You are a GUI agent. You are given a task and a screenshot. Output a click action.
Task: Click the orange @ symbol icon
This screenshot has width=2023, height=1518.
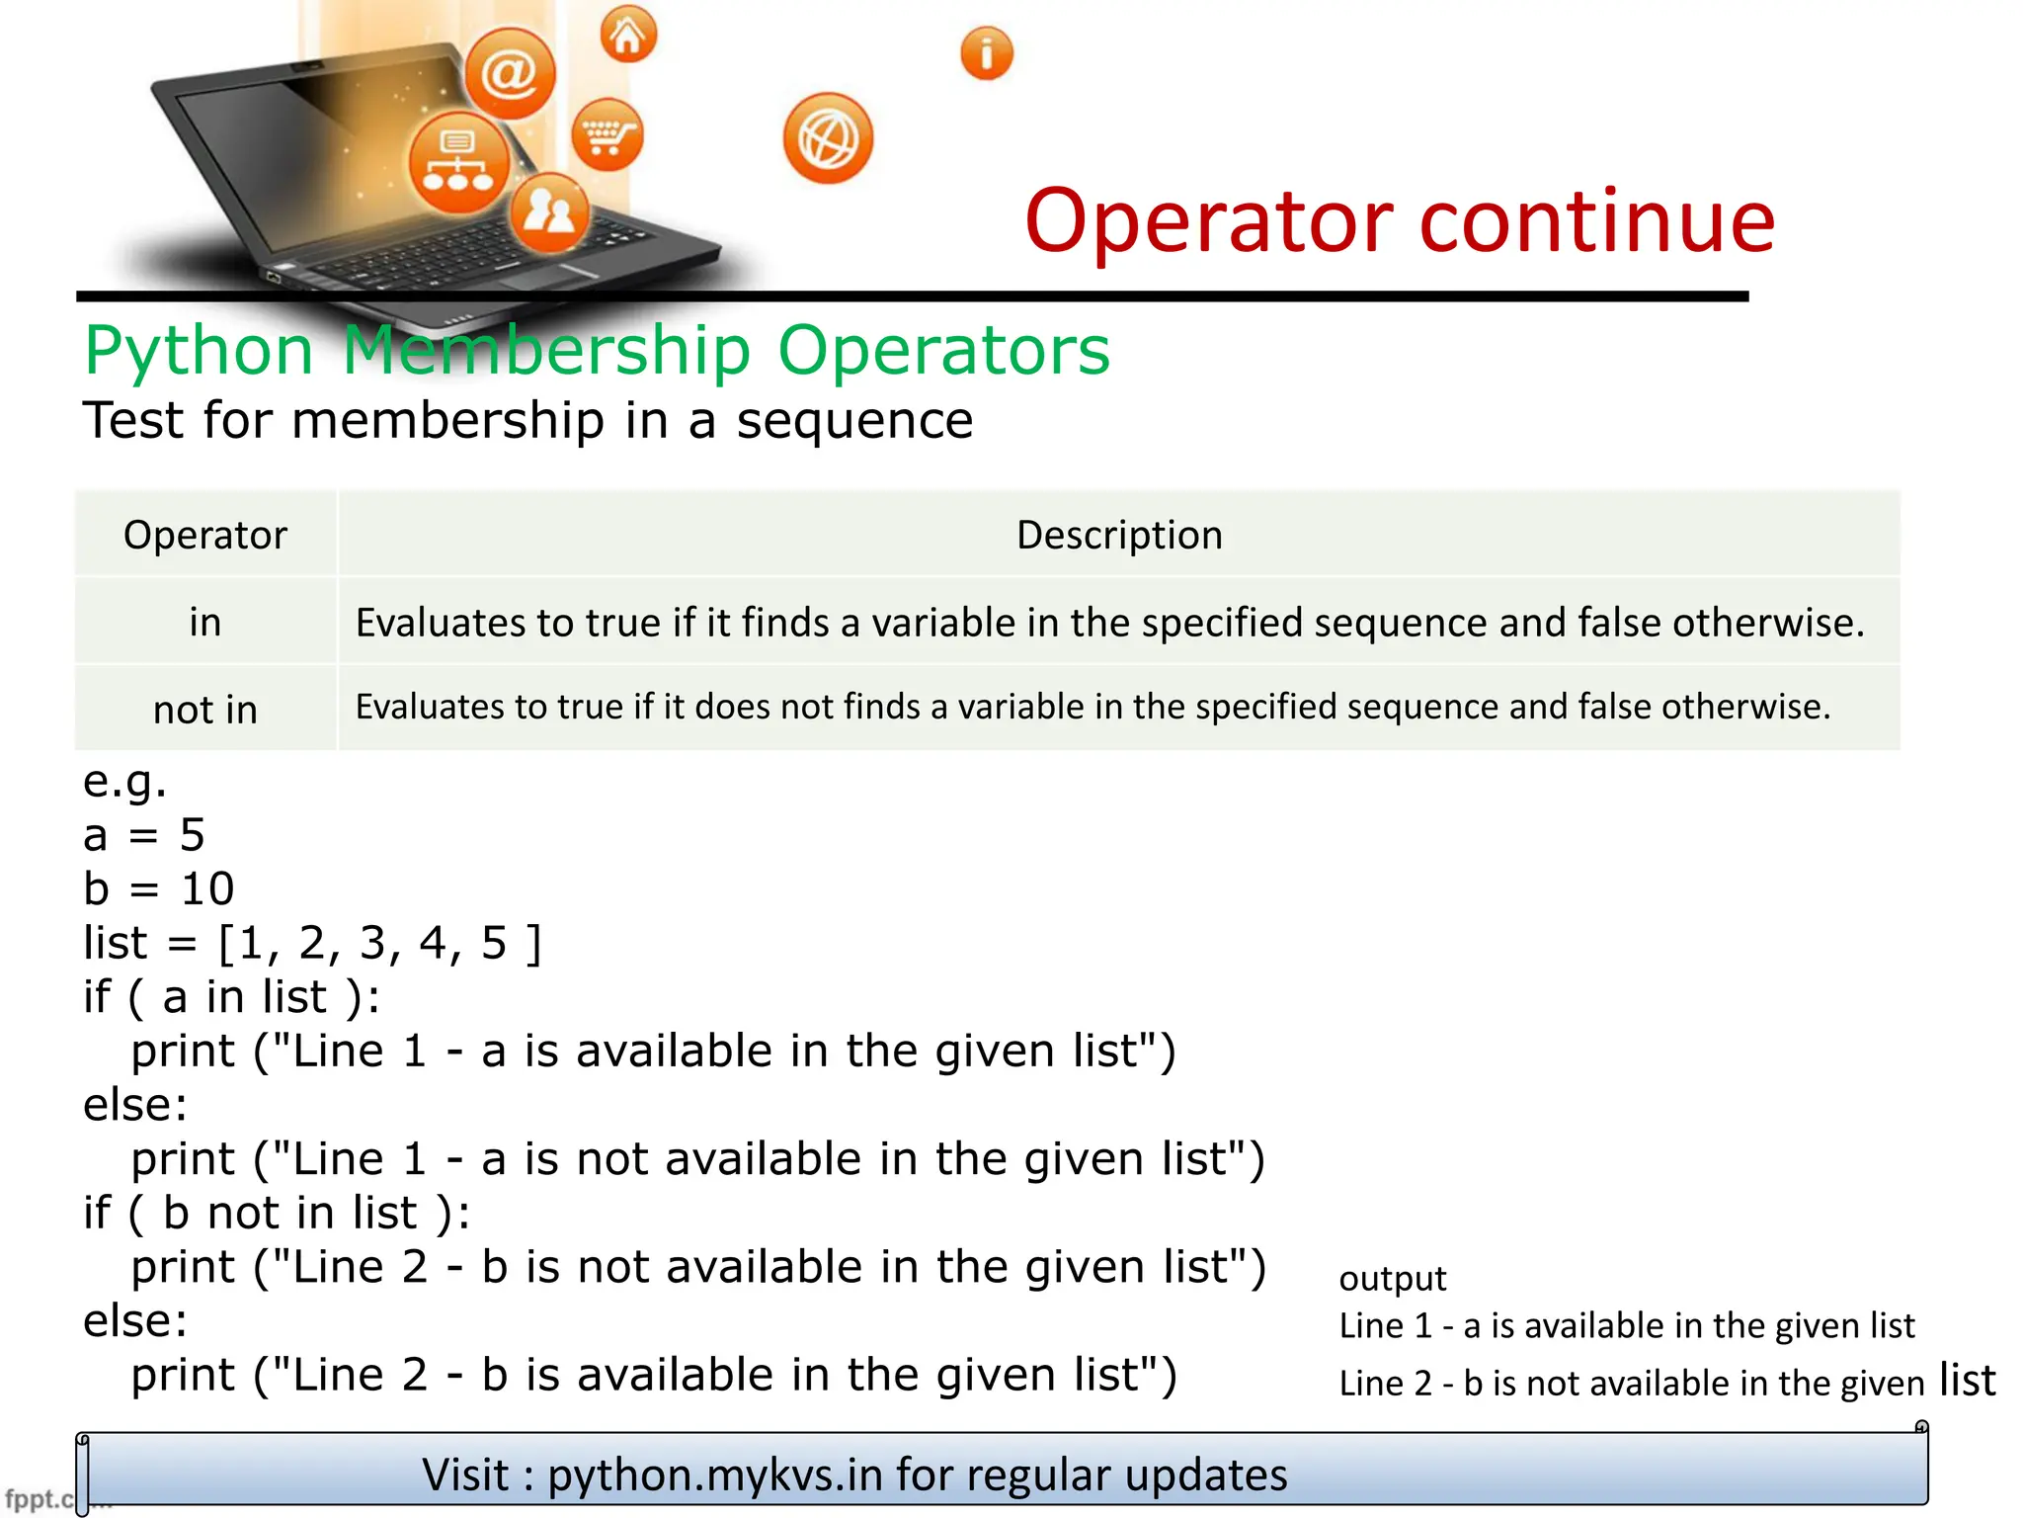point(510,73)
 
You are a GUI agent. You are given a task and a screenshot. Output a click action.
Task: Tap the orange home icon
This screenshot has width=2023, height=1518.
point(628,36)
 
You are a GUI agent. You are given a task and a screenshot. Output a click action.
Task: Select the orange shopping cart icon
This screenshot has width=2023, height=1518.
point(607,134)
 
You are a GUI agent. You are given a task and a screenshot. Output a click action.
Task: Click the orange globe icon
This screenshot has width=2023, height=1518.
point(828,139)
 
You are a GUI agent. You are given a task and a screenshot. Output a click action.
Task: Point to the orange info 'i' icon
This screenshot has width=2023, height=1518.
point(986,52)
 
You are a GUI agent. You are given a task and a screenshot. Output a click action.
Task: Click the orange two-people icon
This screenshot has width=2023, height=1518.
point(549,211)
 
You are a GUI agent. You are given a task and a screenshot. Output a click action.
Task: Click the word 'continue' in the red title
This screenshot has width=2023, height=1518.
point(1596,220)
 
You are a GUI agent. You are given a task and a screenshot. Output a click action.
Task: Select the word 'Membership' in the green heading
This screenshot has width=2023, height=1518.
point(546,350)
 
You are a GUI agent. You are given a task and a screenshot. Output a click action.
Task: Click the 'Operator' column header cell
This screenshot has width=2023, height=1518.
point(205,535)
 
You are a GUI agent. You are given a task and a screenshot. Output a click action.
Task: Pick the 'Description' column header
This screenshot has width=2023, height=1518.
point(1119,535)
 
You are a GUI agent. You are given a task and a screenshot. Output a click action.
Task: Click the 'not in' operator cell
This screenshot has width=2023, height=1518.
point(205,710)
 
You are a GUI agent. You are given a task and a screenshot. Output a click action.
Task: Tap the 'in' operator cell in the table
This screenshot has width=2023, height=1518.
point(205,623)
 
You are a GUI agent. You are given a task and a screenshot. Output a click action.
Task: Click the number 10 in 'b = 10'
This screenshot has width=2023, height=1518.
point(207,888)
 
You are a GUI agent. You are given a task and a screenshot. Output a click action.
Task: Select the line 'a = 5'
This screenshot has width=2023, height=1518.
point(144,835)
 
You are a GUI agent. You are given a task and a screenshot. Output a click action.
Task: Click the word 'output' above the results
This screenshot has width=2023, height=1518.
point(1392,1278)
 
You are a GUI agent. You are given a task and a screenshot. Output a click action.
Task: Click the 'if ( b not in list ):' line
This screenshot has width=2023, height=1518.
point(277,1213)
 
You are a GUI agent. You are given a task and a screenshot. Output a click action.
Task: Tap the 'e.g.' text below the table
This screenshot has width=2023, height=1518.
point(125,782)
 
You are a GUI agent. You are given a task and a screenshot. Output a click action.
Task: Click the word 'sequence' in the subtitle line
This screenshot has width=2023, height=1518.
point(854,420)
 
